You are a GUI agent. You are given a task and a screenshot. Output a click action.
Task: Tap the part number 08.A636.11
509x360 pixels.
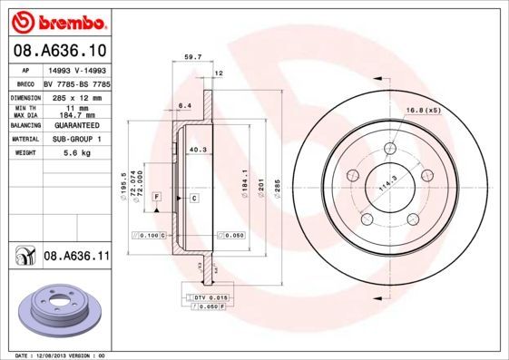pyautogui.click(x=75, y=257)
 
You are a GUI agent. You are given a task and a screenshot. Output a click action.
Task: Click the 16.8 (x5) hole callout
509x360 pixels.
pyautogui.click(x=424, y=110)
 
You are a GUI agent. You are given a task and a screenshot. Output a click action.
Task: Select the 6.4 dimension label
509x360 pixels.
pyautogui.click(x=184, y=106)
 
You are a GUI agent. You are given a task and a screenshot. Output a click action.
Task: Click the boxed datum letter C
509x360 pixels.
pyautogui.click(x=194, y=197)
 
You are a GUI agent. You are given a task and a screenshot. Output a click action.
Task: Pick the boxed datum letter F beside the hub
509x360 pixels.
pyautogui.click(x=156, y=197)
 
